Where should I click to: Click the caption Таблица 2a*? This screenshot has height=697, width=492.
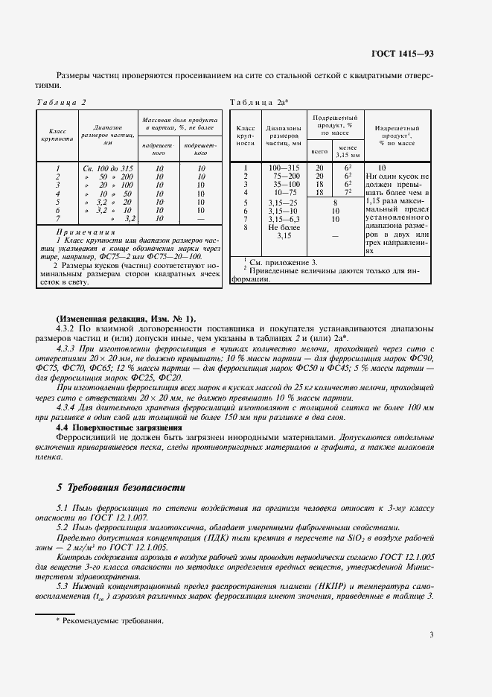(x=259, y=102)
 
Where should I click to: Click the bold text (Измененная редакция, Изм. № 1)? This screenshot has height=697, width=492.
(x=126, y=318)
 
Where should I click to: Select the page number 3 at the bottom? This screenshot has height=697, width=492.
(x=432, y=635)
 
